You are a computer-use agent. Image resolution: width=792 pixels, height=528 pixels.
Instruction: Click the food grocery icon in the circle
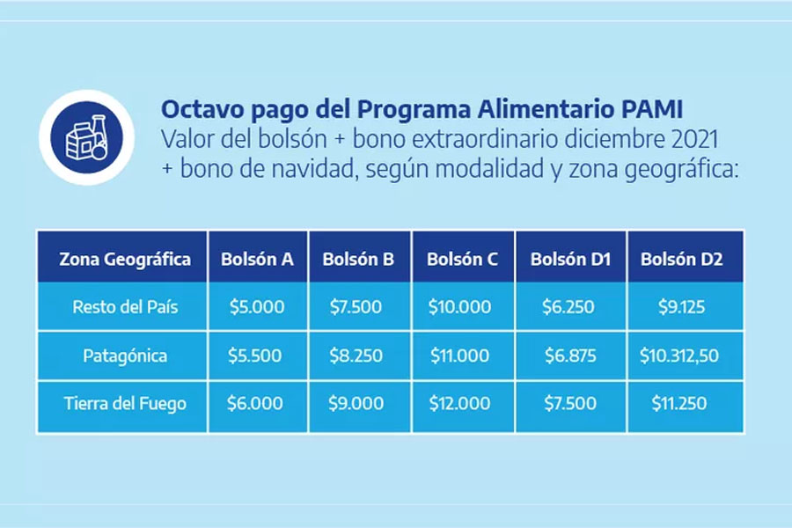(86, 137)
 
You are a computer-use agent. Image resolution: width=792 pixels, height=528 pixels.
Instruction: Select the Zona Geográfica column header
(125, 260)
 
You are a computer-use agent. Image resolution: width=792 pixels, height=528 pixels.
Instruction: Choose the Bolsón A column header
(257, 260)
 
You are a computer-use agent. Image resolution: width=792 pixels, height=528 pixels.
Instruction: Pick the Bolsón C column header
(462, 260)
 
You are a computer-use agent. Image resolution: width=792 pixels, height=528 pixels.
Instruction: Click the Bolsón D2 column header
(681, 260)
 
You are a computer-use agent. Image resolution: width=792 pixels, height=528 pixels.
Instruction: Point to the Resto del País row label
(125, 307)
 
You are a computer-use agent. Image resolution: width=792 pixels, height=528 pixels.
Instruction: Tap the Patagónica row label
(125, 356)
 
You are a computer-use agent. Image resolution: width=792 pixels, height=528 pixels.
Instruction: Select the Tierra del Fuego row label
(125, 403)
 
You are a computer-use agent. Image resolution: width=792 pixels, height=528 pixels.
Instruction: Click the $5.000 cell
(257, 307)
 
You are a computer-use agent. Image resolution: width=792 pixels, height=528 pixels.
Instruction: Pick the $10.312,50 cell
(678, 356)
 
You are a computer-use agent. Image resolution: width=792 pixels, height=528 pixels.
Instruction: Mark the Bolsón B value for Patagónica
(356, 356)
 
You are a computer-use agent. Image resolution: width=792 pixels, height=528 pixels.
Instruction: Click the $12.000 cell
(459, 403)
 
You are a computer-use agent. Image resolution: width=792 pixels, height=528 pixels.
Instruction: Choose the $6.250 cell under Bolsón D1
(568, 307)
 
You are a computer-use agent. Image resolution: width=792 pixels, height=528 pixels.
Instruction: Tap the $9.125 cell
(681, 307)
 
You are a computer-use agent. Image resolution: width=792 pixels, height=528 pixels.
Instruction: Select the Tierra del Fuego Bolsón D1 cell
(570, 403)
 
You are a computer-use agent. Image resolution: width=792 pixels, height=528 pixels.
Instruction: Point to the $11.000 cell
(459, 356)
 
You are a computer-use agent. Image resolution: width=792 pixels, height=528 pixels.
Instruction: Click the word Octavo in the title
(202, 109)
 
